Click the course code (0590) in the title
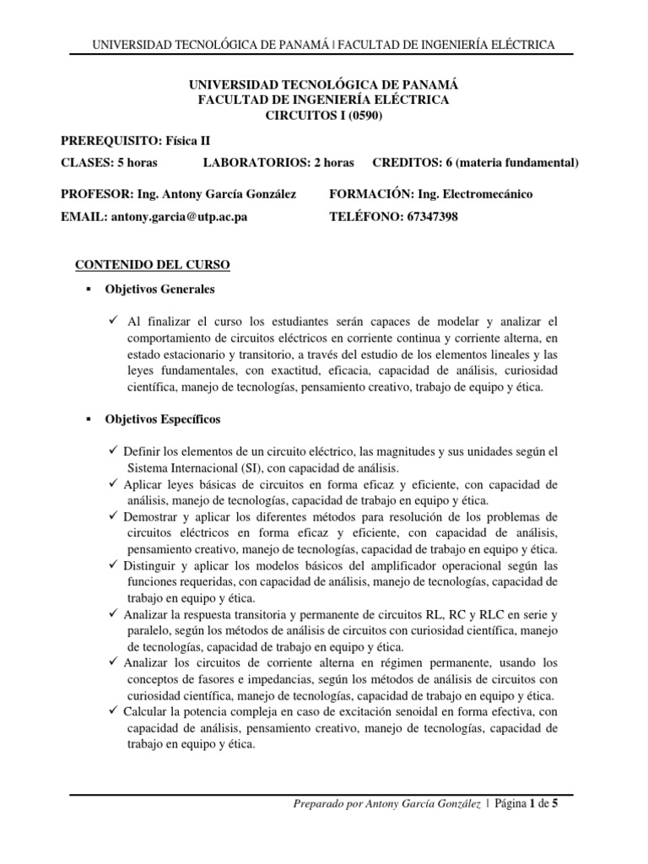(364, 116)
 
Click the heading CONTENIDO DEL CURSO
(153, 265)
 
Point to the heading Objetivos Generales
(159, 289)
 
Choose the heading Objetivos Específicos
(163, 419)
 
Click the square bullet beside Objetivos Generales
(87, 289)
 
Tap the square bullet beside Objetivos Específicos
(87, 419)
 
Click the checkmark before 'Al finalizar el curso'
(115, 321)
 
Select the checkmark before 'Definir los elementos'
(115, 451)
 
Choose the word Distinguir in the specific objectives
(153, 565)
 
